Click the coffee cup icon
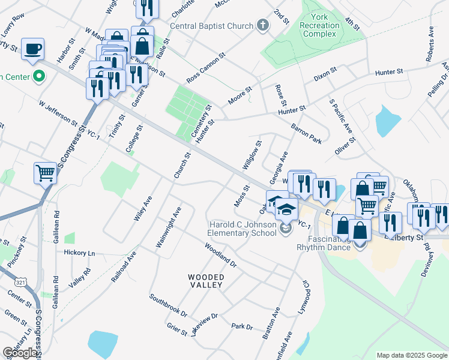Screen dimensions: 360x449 [x=32, y=48]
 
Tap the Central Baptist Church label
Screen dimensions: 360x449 [x=212, y=26]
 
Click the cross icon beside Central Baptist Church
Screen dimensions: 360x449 [x=262, y=26]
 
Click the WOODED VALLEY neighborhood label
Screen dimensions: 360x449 [x=207, y=281]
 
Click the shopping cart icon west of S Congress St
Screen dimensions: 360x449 [x=45, y=173]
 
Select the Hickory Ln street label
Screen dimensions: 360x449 [x=79, y=253]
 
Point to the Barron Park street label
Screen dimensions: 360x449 [x=307, y=132]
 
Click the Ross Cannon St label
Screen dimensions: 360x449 [x=205, y=68]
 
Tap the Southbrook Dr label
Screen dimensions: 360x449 [x=169, y=305]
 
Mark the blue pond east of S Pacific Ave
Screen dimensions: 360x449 [x=387, y=121]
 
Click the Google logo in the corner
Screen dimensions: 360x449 [x=20, y=353]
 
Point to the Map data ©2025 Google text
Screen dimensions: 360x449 [x=411, y=355]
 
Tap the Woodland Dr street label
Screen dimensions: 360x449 [x=220, y=254]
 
